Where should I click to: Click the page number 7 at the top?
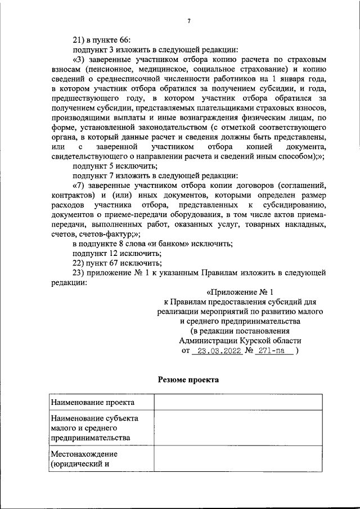pyautogui.click(x=188, y=21)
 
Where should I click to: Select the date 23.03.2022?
pyautogui.click(x=217, y=350)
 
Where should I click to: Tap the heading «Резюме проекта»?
pyautogui.click(x=188, y=380)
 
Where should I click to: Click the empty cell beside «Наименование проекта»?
pyautogui.click(x=238, y=403)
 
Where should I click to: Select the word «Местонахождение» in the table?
pyautogui.click(x=83, y=453)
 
